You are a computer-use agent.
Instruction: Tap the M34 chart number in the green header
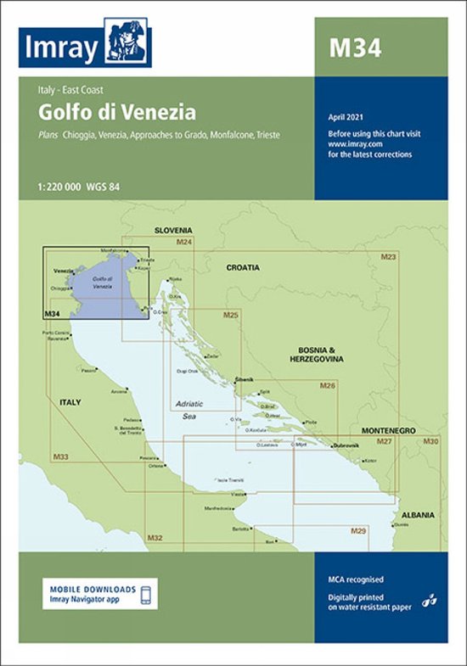pos(355,48)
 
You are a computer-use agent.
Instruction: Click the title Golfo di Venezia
pos(117,112)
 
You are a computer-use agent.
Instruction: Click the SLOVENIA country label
pos(173,230)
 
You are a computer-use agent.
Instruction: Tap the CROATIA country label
pos(243,267)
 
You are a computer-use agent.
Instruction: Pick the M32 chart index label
pos(154,537)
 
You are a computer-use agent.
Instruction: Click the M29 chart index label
pos(358,530)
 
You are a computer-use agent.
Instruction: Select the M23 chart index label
pos(389,256)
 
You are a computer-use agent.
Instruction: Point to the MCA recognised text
pos(357,579)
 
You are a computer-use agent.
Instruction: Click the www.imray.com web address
pos(352,144)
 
